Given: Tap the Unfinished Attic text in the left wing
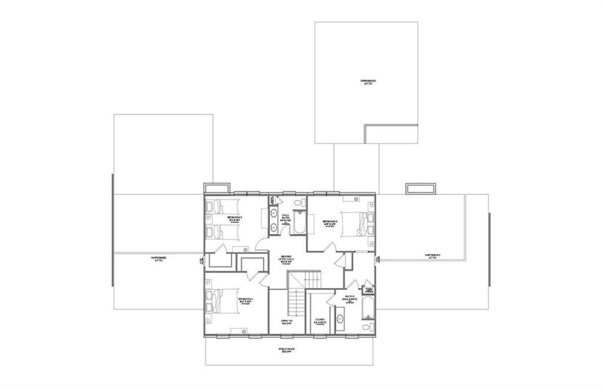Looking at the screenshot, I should click(159, 259).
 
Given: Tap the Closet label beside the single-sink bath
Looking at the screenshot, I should click(320, 320).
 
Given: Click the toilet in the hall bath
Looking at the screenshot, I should click(298, 205).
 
